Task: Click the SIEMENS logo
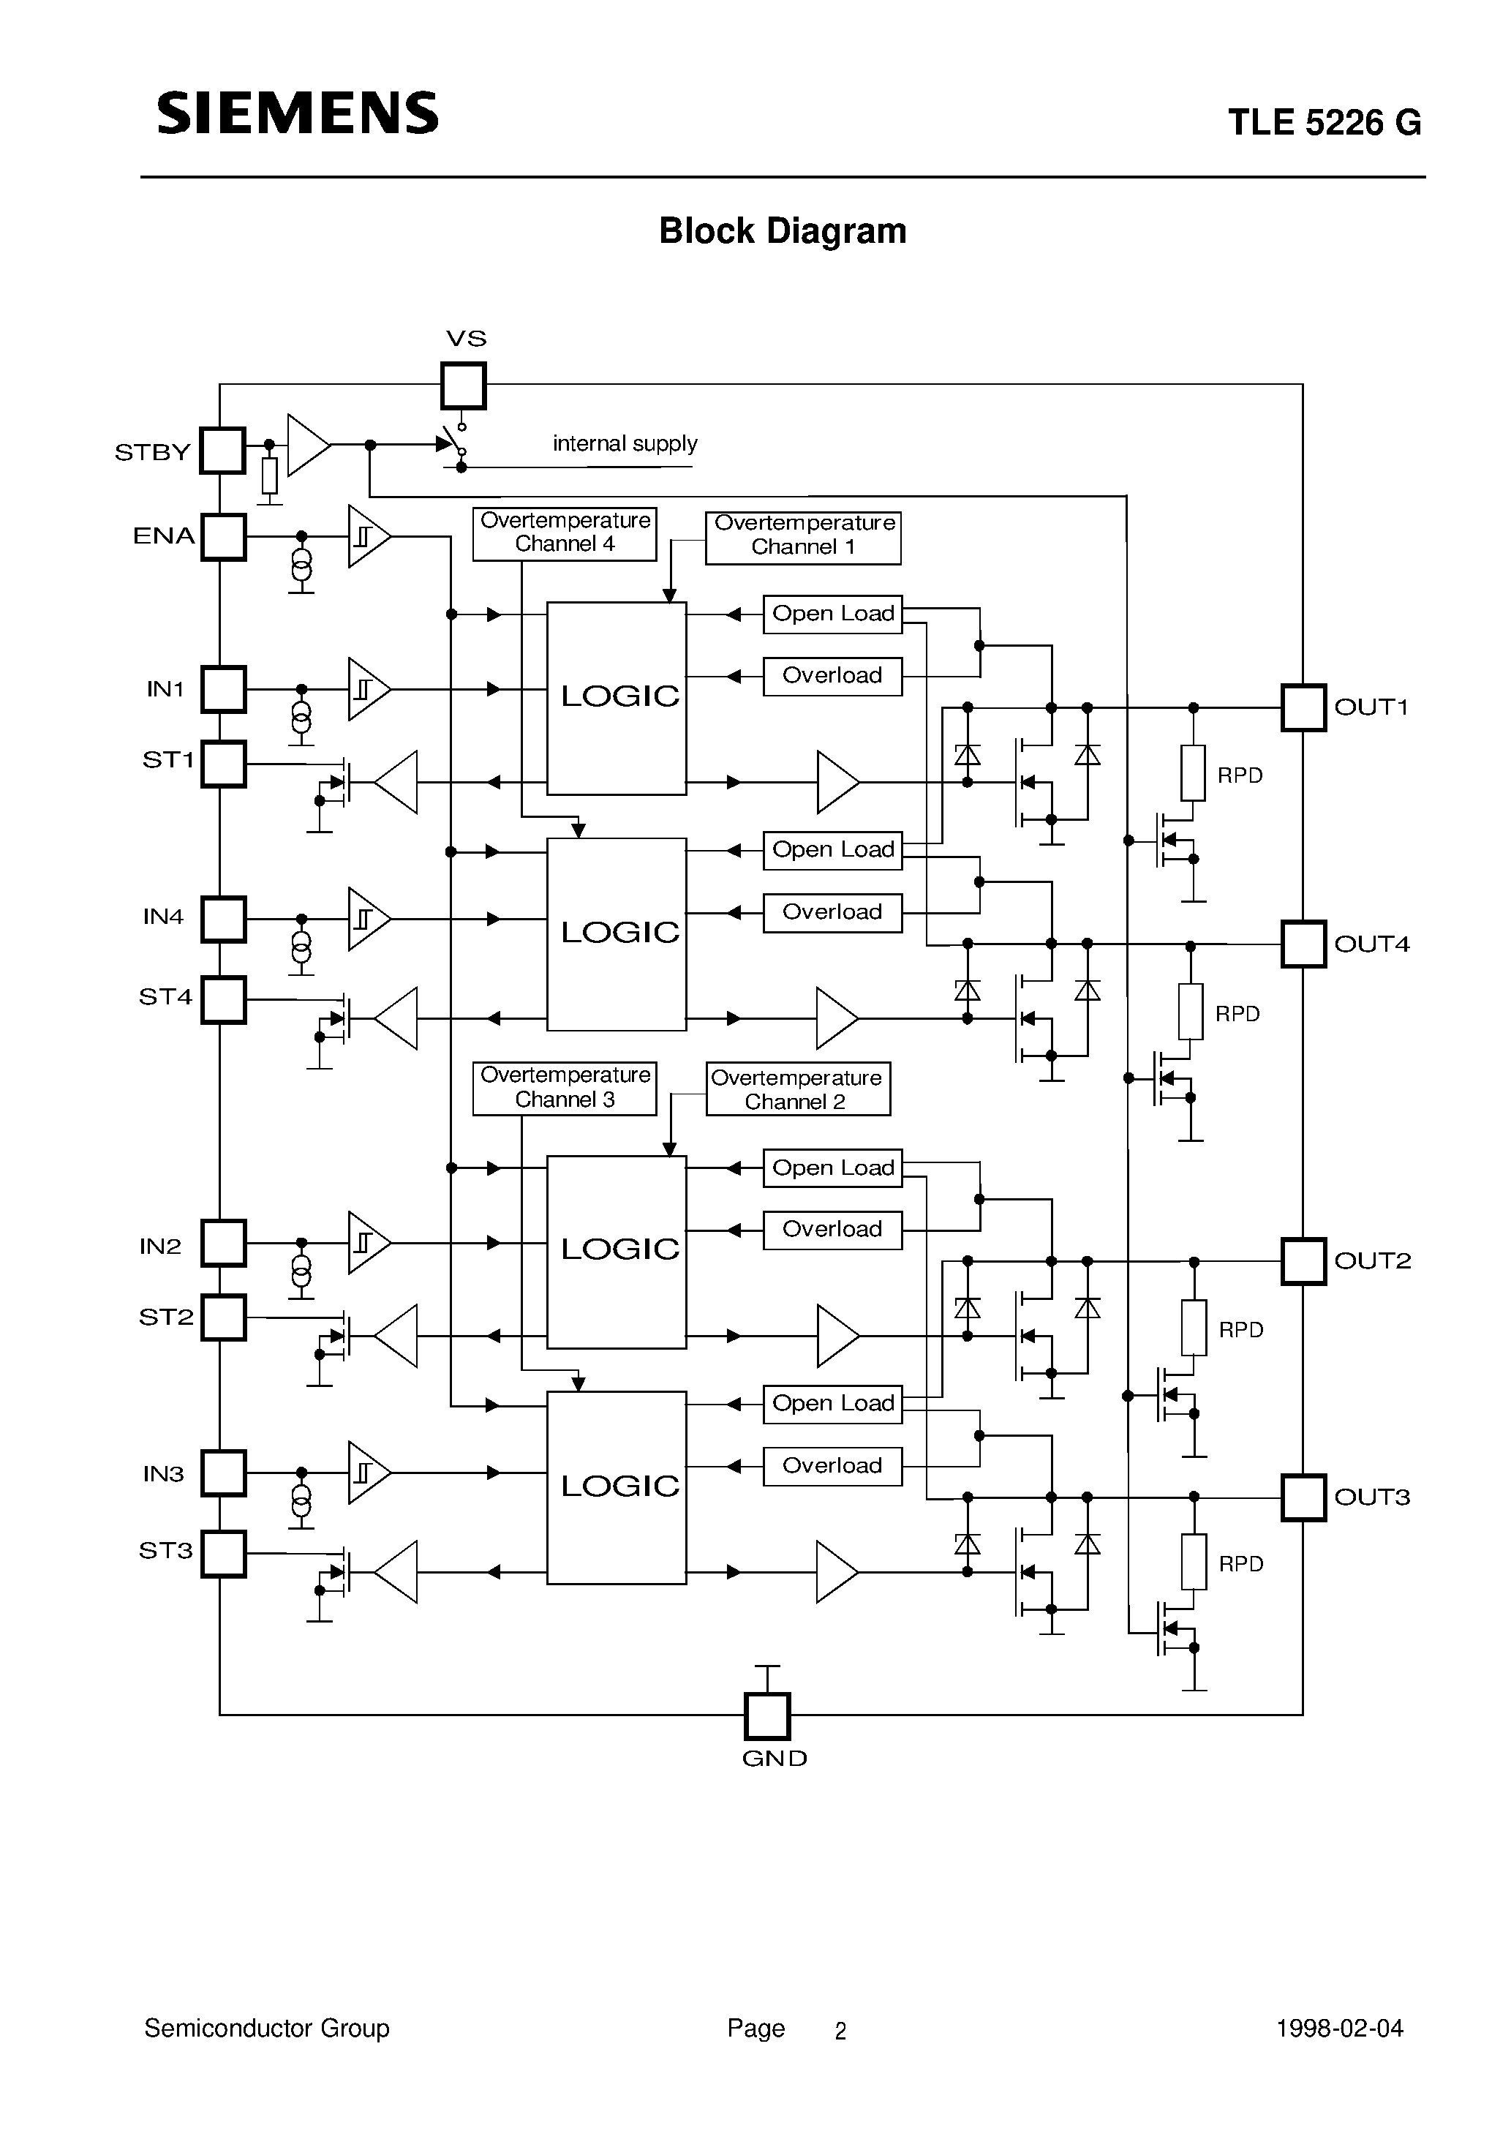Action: (x=297, y=113)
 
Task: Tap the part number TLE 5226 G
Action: (x=1324, y=123)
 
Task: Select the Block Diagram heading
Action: (x=782, y=231)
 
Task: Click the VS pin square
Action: (x=463, y=386)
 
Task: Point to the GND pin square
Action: (x=766, y=1716)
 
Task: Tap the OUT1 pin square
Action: (x=1303, y=708)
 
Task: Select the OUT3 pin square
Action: (x=1303, y=1498)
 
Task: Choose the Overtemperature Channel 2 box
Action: (x=797, y=1089)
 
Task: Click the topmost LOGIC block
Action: (x=617, y=698)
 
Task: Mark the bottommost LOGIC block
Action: (x=617, y=1488)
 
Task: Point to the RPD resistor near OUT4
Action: (x=1190, y=1012)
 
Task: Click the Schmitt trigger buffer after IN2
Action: (x=368, y=1243)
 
